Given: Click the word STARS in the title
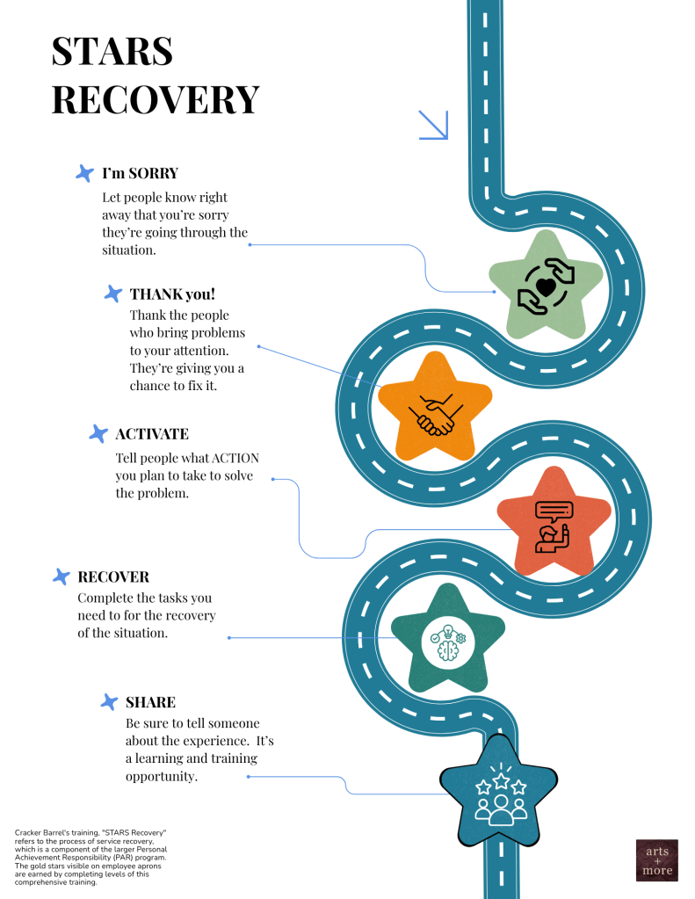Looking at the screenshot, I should point(112,53).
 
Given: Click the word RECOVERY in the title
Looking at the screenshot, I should point(156,99).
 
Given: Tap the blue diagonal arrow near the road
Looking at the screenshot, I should point(433,125).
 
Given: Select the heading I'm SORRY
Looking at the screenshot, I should point(141,173).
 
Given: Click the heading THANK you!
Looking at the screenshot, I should point(172,294).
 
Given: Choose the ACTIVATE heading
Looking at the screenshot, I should point(152,434).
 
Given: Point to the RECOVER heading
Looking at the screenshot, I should point(113,577).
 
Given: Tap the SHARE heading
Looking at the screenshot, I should point(150,702).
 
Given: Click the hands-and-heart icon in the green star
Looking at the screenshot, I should point(545,286).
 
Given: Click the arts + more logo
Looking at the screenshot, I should point(657,859).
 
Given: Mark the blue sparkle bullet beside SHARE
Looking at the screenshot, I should point(109,702).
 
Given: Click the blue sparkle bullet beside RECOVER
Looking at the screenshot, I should point(61,577).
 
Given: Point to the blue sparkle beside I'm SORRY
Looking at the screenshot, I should point(84,173).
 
